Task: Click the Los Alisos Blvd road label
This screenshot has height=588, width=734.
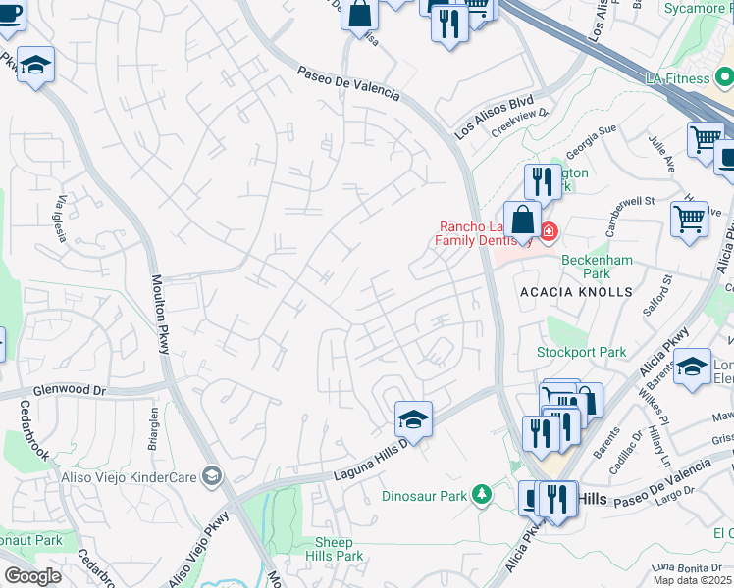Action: tap(494, 116)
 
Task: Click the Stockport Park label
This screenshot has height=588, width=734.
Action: tap(581, 352)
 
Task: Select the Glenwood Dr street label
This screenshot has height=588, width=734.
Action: tap(69, 390)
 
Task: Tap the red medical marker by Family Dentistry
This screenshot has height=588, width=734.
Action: tap(548, 232)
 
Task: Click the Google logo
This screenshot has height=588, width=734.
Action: tap(32, 575)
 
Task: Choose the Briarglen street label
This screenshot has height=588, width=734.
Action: tap(153, 427)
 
